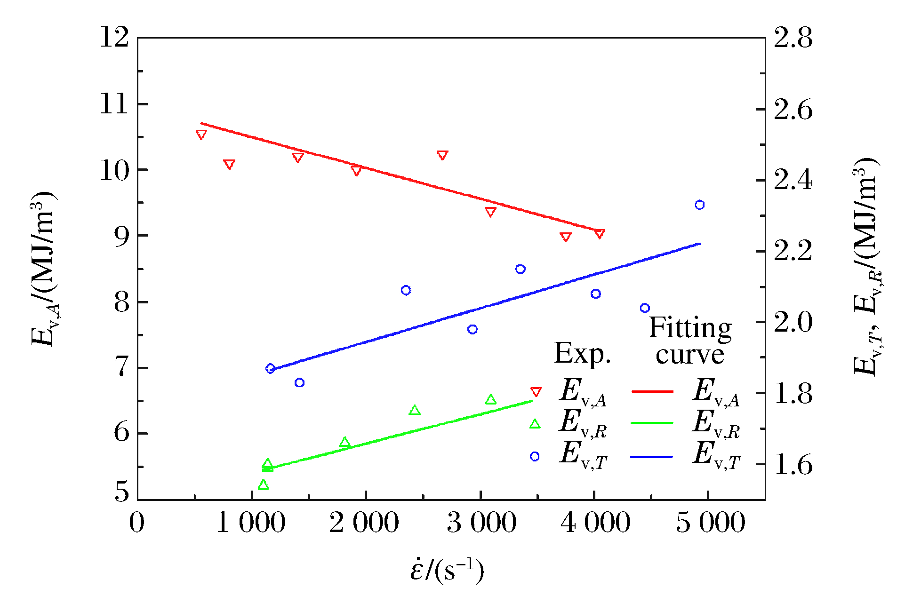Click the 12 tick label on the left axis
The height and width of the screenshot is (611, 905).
point(114,37)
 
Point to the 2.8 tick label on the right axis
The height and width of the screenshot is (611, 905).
point(793,38)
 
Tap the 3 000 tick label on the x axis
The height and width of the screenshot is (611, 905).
point(481,523)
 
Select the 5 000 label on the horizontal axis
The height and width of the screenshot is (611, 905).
point(710,523)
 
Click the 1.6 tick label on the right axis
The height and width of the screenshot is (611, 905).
point(793,465)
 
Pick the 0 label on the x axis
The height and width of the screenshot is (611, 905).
point(136,523)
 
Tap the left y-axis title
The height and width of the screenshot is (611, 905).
point(44,269)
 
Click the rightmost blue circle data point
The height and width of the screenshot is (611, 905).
point(699,205)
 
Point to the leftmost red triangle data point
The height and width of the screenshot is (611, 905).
point(201,135)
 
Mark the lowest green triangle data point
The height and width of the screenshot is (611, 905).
point(263,485)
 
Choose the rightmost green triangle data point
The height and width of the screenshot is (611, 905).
point(491,400)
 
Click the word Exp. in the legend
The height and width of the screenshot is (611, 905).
point(582,354)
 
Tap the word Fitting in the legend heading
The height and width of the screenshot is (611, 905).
point(690,328)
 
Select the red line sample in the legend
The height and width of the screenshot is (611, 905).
point(652,391)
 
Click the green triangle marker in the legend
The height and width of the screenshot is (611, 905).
point(535,424)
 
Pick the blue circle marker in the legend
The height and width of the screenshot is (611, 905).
point(535,456)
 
